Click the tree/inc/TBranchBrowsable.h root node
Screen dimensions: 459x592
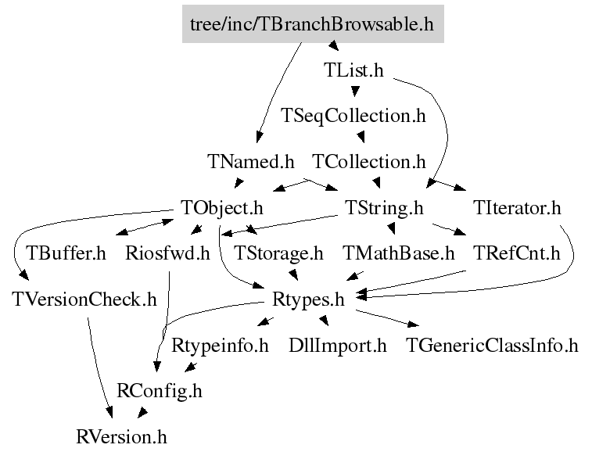coord(312,24)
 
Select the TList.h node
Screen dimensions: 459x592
coord(353,70)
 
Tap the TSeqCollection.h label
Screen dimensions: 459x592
coord(353,117)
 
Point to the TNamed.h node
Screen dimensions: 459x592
coord(251,163)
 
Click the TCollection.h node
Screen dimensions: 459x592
coord(369,163)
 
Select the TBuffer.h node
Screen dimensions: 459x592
coord(66,253)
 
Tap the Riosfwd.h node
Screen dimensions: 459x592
coord(167,253)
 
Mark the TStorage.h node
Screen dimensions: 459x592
coord(278,253)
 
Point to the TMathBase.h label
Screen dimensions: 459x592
coord(399,253)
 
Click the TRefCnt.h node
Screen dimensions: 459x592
coord(517,253)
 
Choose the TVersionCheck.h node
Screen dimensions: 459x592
coord(84,299)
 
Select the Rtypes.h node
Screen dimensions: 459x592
coord(308,299)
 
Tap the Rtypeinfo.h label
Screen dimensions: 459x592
coord(221,345)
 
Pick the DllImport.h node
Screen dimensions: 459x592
coord(338,345)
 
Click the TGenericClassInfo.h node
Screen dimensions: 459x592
coord(492,345)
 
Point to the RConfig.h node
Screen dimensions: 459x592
coord(159,390)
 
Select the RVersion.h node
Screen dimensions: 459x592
coord(121,436)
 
